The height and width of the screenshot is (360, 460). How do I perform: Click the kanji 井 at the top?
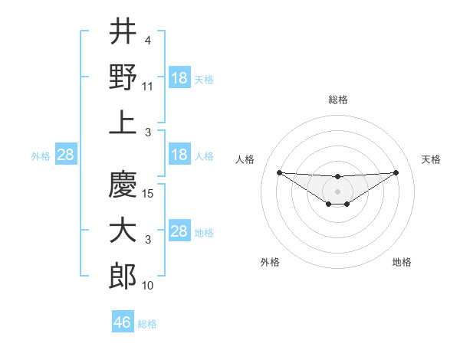[123, 31]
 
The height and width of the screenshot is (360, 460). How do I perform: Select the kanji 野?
[123, 77]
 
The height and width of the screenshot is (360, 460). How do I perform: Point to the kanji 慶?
[123, 184]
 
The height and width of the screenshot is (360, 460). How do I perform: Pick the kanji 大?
[123, 231]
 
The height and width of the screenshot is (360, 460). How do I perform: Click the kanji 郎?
[123, 276]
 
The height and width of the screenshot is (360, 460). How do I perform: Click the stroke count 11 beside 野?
[148, 87]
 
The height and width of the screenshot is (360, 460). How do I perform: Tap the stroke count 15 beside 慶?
[148, 194]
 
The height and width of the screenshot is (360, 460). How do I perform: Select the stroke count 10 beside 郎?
[148, 286]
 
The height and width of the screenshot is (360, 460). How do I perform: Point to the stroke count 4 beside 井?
[147, 41]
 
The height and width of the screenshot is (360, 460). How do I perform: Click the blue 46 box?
[123, 322]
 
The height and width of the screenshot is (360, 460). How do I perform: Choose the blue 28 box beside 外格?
[65, 155]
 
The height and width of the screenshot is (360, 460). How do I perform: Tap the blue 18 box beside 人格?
[179, 155]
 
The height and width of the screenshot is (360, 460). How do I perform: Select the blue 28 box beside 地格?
[179, 231]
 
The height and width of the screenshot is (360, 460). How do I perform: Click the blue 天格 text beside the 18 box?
[204, 79]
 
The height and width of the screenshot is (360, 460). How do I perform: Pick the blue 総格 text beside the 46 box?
[147, 324]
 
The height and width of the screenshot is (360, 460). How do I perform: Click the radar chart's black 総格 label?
[337, 100]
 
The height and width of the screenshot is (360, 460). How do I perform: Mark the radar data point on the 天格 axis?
[396, 172]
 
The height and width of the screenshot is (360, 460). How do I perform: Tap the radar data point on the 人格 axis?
[279, 172]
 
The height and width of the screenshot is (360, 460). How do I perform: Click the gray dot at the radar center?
[337, 191]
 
